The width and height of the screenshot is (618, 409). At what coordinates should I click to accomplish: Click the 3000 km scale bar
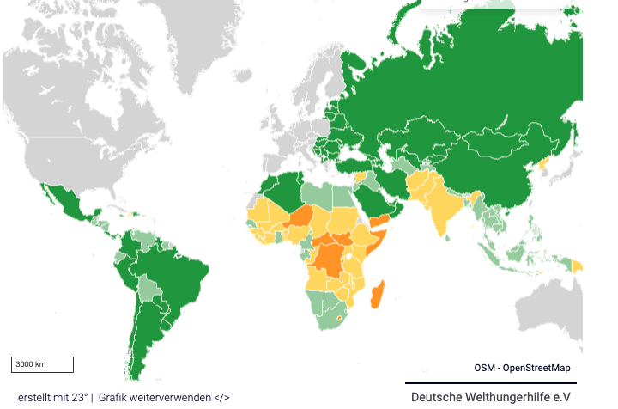click(x=41, y=364)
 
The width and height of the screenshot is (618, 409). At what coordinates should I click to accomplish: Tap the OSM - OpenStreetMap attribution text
click(x=522, y=368)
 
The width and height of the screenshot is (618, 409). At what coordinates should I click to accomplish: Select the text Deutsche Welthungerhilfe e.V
click(x=490, y=397)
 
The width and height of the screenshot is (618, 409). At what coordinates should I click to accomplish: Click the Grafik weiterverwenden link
click(x=164, y=397)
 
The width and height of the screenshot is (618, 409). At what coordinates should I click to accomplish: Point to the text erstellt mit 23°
click(x=52, y=397)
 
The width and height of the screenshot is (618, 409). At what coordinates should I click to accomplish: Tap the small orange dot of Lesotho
click(x=341, y=318)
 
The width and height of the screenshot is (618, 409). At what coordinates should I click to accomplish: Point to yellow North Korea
click(x=542, y=162)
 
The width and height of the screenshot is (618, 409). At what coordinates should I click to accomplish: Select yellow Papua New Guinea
click(x=578, y=266)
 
